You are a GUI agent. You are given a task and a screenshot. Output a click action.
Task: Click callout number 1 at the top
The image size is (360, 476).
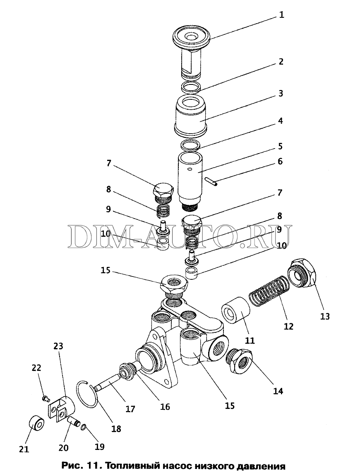[x=281, y=15]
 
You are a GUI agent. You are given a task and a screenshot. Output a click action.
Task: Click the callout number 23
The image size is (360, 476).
[x=58, y=346]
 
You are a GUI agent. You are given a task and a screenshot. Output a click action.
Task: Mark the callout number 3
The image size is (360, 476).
[x=281, y=94]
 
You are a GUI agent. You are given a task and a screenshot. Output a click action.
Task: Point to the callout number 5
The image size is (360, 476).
[x=281, y=147]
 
